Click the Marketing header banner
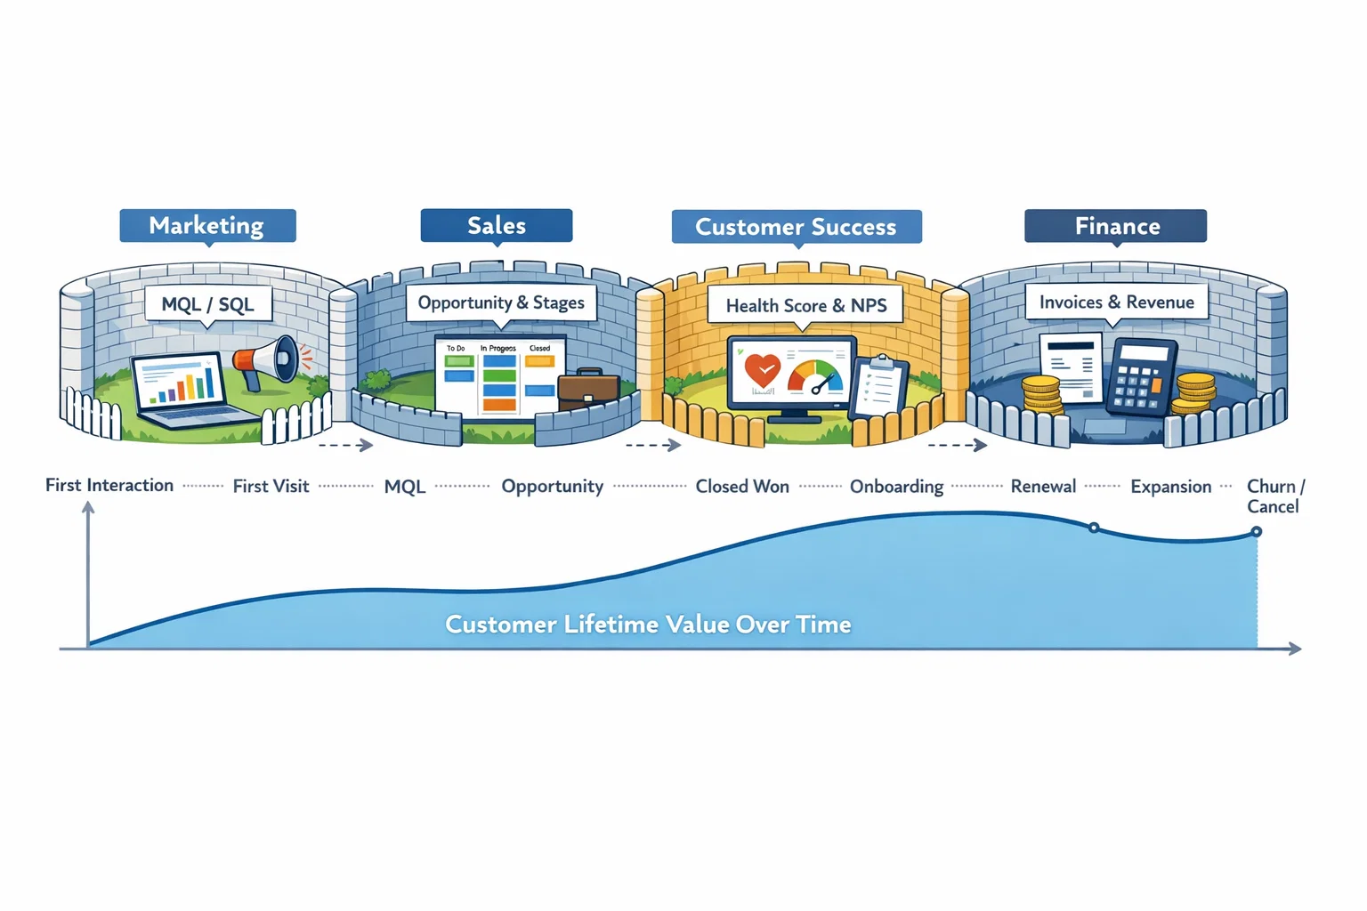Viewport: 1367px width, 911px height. (207, 226)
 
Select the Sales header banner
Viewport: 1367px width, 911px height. (497, 226)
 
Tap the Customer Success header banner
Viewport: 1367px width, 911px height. (796, 227)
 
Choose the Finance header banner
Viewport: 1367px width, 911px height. (1116, 226)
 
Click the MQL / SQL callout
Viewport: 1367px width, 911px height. (207, 304)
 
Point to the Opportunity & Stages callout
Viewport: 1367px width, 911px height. (501, 302)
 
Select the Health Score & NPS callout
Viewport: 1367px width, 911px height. (805, 305)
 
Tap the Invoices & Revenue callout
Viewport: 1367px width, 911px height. (1116, 302)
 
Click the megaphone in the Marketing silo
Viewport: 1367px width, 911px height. (267, 360)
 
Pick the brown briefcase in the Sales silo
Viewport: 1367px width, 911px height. (588, 391)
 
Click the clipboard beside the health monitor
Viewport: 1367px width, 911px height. (878, 386)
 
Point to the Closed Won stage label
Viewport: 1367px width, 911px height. (742, 487)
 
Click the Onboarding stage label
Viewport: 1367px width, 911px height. (896, 487)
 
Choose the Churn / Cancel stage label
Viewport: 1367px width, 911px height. (1274, 496)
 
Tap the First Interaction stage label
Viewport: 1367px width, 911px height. (109, 485)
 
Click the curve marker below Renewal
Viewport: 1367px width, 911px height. (1094, 528)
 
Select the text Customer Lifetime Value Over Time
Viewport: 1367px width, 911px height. (648, 625)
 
